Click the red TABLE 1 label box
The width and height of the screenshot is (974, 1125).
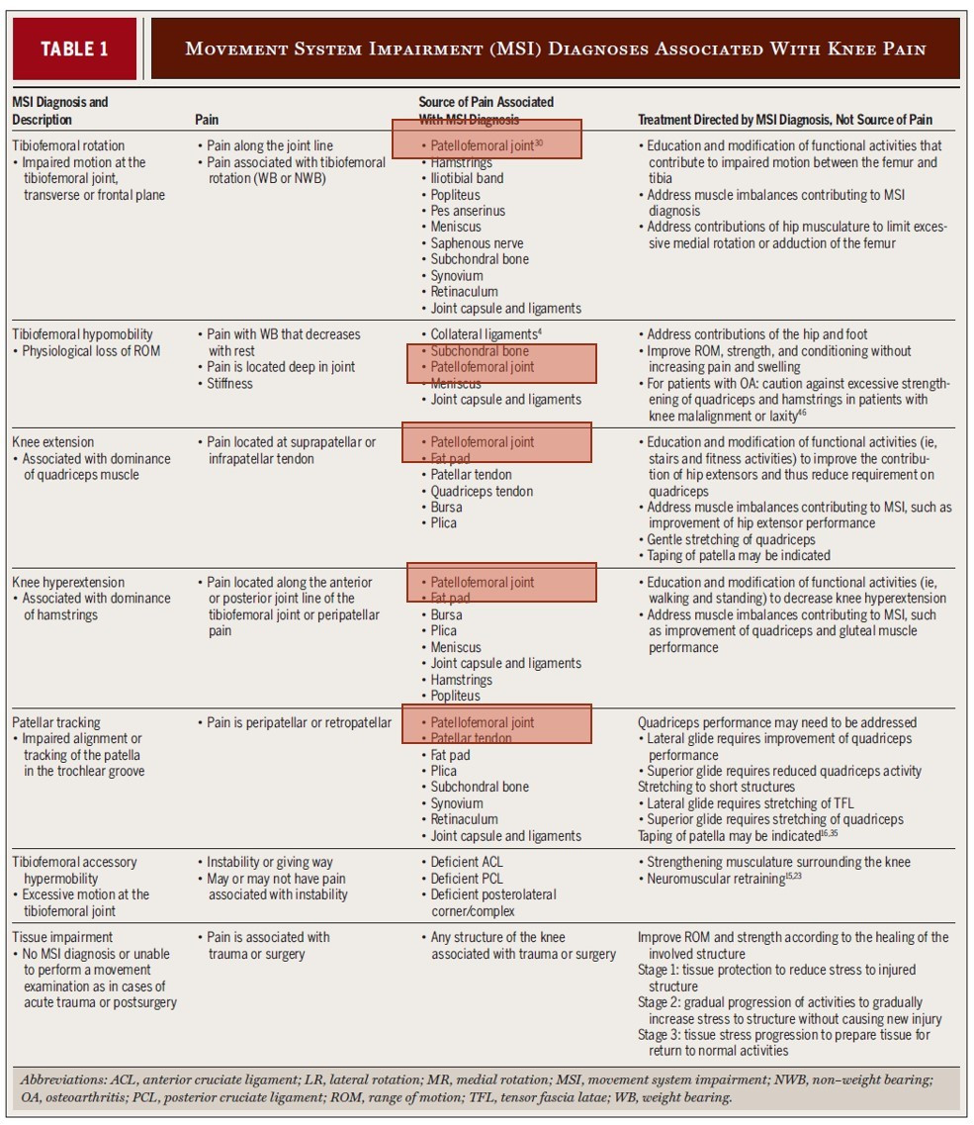[x=74, y=48]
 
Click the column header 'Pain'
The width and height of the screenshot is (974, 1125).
[x=207, y=120]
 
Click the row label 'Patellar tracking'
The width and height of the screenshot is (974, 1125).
[x=56, y=722]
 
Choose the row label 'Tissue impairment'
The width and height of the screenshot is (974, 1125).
[x=62, y=937]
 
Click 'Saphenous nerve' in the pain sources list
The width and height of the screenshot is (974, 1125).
[x=477, y=243]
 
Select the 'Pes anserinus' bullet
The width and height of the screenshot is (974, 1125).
[x=468, y=211]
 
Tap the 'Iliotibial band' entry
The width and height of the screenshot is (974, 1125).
[x=467, y=178]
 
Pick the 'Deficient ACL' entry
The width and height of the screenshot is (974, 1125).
[x=467, y=862]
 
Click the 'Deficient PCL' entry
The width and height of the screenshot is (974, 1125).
[x=467, y=879]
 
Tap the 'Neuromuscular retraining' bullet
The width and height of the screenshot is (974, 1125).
[x=715, y=879]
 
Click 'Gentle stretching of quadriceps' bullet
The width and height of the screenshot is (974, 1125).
[x=731, y=539]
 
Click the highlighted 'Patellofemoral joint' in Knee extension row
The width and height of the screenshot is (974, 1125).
[x=482, y=442]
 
